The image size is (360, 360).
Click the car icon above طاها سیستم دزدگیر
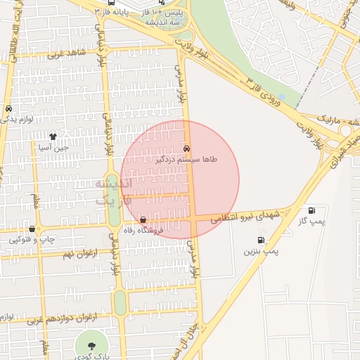[x=186, y=149]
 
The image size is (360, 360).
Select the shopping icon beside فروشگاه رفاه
[x=143, y=220]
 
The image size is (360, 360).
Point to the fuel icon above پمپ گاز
[x=311, y=210]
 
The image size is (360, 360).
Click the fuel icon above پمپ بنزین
[x=262, y=240]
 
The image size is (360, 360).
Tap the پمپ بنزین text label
[x=262, y=251]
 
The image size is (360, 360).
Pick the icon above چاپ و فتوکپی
[x=32, y=229]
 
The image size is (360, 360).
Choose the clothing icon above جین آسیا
[x=53, y=136]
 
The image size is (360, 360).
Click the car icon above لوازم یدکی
[x=8, y=109]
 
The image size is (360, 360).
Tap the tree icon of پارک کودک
[x=91, y=345]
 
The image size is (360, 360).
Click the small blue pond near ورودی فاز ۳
[x=282, y=96]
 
